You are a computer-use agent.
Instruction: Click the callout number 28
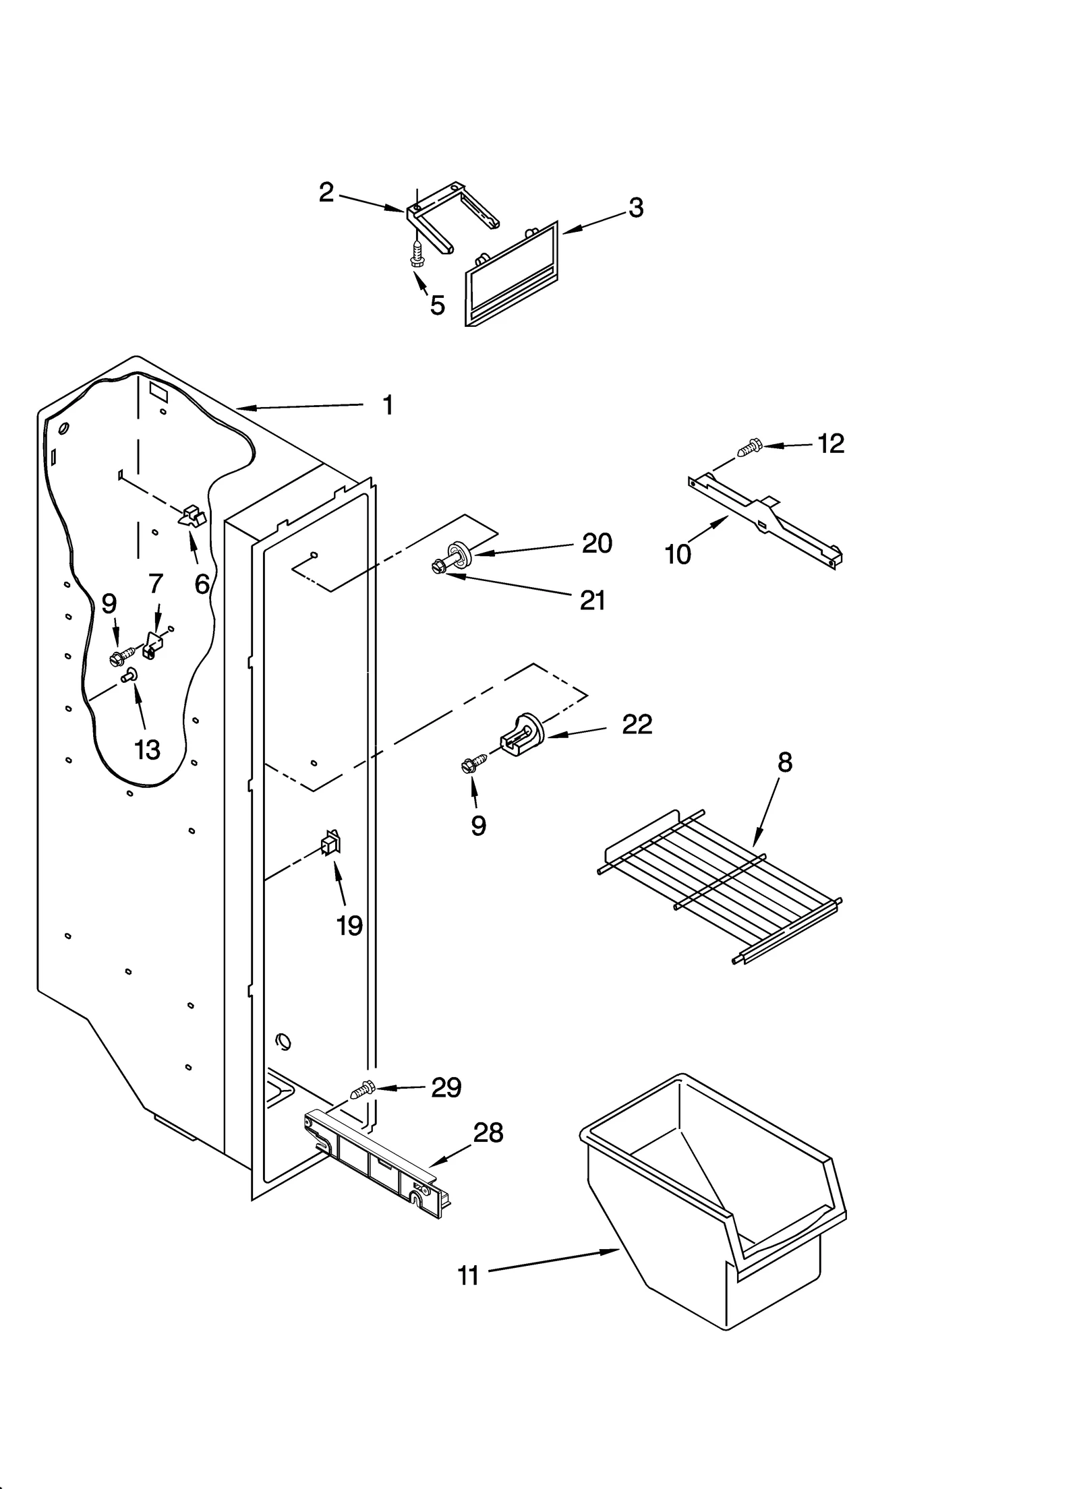(x=488, y=1133)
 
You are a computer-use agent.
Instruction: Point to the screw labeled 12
(x=748, y=447)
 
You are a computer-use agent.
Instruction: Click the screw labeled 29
(x=363, y=1089)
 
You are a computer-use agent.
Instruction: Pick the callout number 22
(x=637, y=725)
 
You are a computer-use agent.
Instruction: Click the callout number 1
(x=387, y=405)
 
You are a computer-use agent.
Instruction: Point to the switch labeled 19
(x=331, y=844)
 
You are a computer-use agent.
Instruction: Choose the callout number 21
(x=592, y=600)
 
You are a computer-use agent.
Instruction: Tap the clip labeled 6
(x=193, y=516)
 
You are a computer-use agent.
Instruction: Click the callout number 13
(x=147, y=749)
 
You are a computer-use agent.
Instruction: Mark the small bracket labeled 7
(x=152, y=646)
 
